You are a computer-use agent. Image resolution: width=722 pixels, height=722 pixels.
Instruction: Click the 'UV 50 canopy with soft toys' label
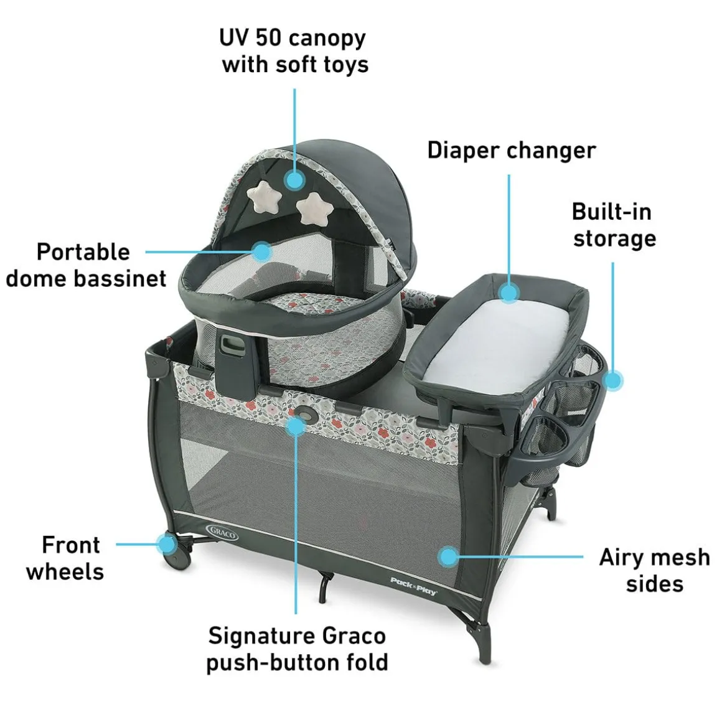click(294, 51)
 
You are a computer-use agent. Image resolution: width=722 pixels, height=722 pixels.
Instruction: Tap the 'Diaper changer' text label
click(512, 151)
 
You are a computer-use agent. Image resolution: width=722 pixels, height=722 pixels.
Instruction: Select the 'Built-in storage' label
click(614, 225)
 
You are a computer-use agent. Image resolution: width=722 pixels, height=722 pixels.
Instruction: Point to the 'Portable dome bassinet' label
click(86, 265)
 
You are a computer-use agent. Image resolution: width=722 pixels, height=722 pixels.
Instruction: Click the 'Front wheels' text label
click(65, 558)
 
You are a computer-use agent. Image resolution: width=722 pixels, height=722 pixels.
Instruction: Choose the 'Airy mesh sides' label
click(654, 571)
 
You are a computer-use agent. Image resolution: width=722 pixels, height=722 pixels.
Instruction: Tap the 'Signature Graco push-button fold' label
click(297, 649)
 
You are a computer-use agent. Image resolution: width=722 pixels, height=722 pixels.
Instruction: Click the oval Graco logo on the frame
click(223, 532)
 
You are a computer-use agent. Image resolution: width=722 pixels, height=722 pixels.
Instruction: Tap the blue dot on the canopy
click(294, 180)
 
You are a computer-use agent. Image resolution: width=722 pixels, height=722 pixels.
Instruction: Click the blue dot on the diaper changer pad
click(509, 293)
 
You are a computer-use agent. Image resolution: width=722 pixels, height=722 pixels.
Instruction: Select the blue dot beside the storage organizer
click(613, 381)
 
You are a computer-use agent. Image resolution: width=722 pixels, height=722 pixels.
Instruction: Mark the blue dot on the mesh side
click(448, 556)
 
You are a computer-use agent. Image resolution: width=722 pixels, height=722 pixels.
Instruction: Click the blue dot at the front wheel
click(167, 544)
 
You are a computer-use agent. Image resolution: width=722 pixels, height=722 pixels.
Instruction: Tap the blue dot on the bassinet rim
click(262, 251)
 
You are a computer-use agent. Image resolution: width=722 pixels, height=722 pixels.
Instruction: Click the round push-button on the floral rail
click(303, 413)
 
